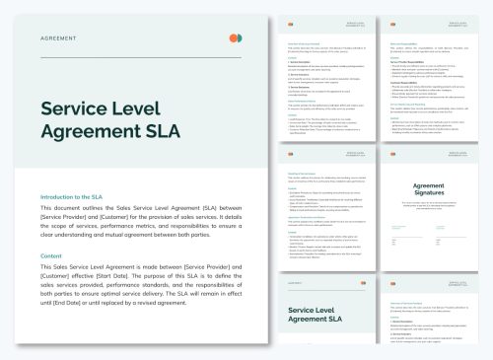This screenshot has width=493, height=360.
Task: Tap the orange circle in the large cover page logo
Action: pyautogui.click(x=232, y=37)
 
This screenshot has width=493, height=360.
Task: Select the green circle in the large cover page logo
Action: pyautogui.click(x=239, y=37)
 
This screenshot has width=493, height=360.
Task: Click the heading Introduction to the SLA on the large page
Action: pyautogui.click(x=79, y=196)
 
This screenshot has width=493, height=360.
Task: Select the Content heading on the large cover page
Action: pyautogui.click(x=51, y=256)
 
